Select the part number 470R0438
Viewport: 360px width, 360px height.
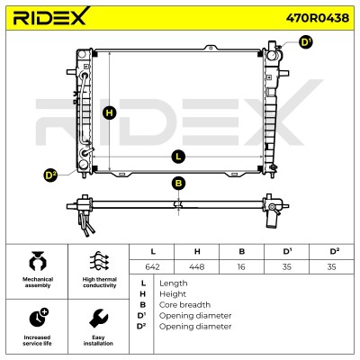[x=318, y=18]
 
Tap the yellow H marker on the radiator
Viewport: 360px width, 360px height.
[x=110, y=113]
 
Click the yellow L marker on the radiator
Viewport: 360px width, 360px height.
[x=178, y=157]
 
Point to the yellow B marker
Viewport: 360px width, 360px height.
[x=178, y=184]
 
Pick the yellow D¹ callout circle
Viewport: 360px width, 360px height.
[x=306, y=42]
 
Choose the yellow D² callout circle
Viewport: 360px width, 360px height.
[x=50, y=175]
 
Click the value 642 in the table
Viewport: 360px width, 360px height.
[x=152, y=266]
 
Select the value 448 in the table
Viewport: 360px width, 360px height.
[x=197, y=266]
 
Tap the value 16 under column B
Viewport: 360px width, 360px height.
[x=241, y=266]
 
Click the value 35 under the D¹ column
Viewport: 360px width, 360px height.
[x=287, y=266]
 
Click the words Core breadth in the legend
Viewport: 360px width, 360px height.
[x=184, y=305]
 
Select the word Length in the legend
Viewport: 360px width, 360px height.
[x=174, y=283]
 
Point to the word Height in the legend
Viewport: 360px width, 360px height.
[x=173, y=294]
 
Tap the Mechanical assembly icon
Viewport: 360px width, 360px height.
[x=38, y=261]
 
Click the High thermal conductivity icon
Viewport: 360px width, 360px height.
[x=99, y=261]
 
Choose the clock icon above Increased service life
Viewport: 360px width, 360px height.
[x=39, y=318]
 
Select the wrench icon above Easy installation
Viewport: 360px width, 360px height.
[x=99, y=319]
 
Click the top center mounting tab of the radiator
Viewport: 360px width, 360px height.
[x=211, y=48]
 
